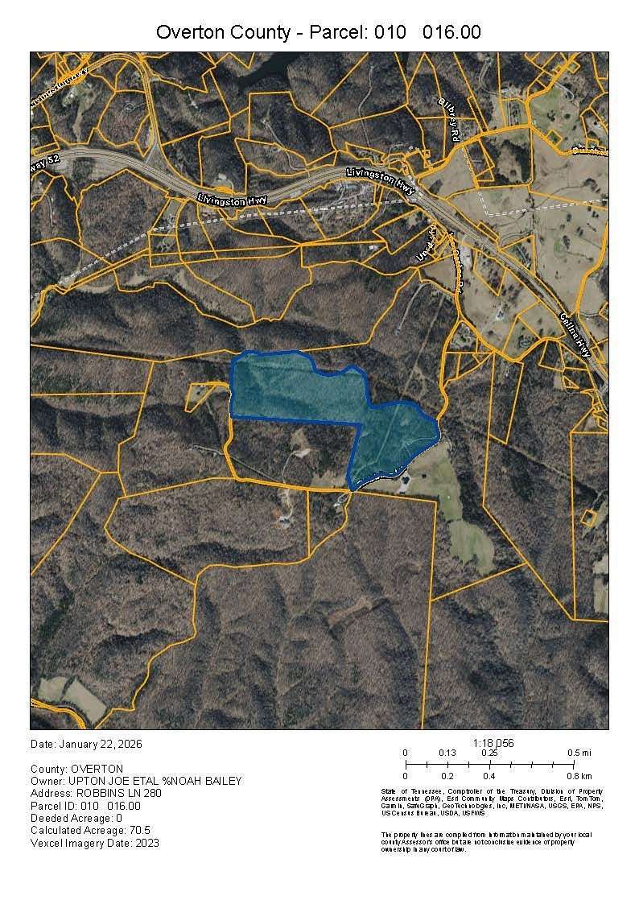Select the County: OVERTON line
pyautogui.click(x=77, y=769)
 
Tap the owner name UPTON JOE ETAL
pyautogui.click(x=122, y=781)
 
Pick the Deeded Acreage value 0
pyautogui.click(x=118, y=818)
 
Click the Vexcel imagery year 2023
pyautogui.click(x=146, y=843)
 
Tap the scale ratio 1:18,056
pyautogui.click(x=494, y=742)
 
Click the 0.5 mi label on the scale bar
pyautogui.click(x=580, y=753)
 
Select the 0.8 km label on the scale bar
pyautogui.click(x=580, y=776)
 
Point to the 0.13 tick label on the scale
pyautogui.click(x=447, y=753)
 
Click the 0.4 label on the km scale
pyautogui.click(x=489, y=776)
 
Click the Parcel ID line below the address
pyautogui.click(x=85, y=806)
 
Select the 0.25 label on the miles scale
pyautogui.click(x=489, y=753)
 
